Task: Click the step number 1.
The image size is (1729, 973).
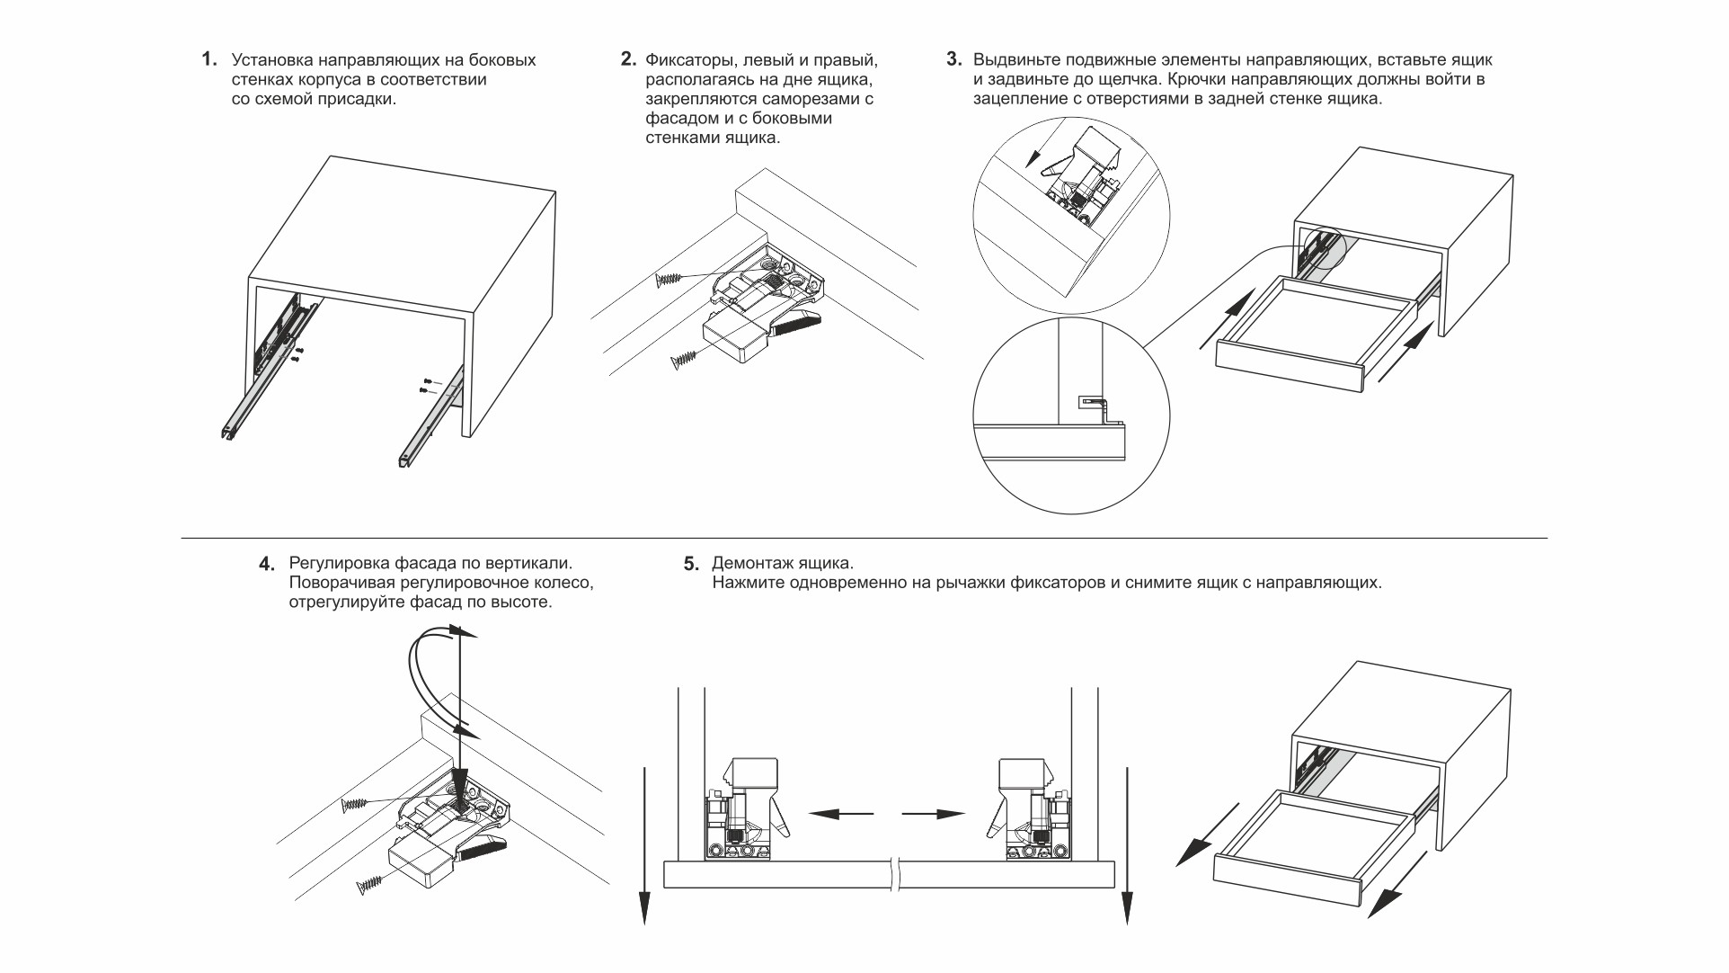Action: click(208, 60)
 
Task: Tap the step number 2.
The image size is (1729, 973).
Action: click(628, 60)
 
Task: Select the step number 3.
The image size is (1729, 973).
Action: click(954, 60)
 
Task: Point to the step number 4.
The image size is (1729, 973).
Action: click(267, 565)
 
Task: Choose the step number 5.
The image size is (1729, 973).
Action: click(690, 565)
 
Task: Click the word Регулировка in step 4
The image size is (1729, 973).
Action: click(340, 564)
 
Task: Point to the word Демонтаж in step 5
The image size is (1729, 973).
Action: click(747, 564)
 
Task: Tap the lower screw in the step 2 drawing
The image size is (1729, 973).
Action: click(685, 361)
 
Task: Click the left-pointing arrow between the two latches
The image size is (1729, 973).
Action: click(840, 814)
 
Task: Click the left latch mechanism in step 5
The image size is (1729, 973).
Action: click(748, 809)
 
